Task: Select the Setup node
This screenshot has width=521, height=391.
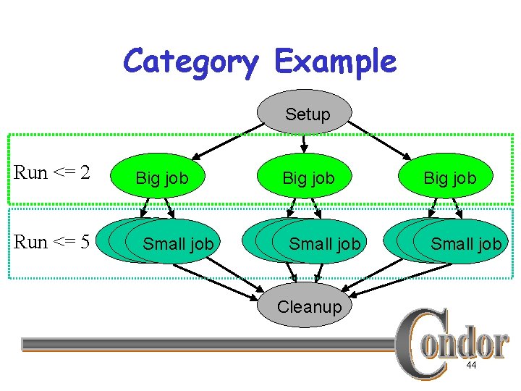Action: click(308, 114)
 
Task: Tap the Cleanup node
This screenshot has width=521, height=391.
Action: click(309, 306)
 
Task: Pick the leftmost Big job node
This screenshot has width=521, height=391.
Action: click(162, 177)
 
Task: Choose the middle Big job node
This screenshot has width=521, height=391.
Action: click(308, 177)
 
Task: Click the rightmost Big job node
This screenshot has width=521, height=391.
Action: click(450, 177)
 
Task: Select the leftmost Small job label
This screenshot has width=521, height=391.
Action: click(178, 244)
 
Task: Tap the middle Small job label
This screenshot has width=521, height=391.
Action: click(324, 245)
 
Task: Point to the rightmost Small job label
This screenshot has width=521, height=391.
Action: click(466, 245)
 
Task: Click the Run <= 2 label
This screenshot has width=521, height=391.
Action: click(52, 173)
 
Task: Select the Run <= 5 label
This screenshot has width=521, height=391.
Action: click(52, 242)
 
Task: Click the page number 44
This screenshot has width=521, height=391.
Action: click(471, 366)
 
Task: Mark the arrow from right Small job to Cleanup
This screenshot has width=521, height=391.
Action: click(391, 279)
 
